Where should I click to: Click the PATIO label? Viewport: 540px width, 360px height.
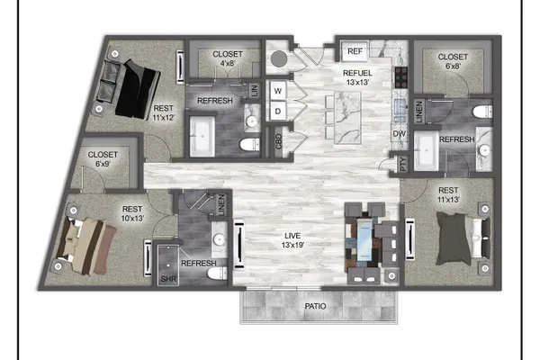[315, 306]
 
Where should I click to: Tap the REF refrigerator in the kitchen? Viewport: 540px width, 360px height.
[355, 51]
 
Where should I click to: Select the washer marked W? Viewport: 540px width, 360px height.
[277, 91]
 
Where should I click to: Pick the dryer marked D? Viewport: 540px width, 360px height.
[277, 111]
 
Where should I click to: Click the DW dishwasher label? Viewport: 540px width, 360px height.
[399, 134]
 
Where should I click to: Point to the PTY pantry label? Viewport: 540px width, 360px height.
[403, 164]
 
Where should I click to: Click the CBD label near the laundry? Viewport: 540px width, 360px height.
[279, 141]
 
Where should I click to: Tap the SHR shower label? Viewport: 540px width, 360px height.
[168, 279]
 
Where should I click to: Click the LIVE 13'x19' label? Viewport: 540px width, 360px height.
[292, 240]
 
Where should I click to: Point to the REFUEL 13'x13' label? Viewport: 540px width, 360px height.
[357, 77]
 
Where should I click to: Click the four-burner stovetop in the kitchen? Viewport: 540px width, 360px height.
[401, 77]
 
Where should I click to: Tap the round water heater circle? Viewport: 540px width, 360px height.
[279, 59]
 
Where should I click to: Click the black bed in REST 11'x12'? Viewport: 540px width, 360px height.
[137, 90]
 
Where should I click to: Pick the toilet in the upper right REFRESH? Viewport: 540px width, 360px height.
[482, 112]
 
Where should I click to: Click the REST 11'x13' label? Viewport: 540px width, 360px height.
[448, 194]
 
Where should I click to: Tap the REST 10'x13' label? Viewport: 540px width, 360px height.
[132, 213]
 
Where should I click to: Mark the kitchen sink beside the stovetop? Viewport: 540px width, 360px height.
[400, 110]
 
